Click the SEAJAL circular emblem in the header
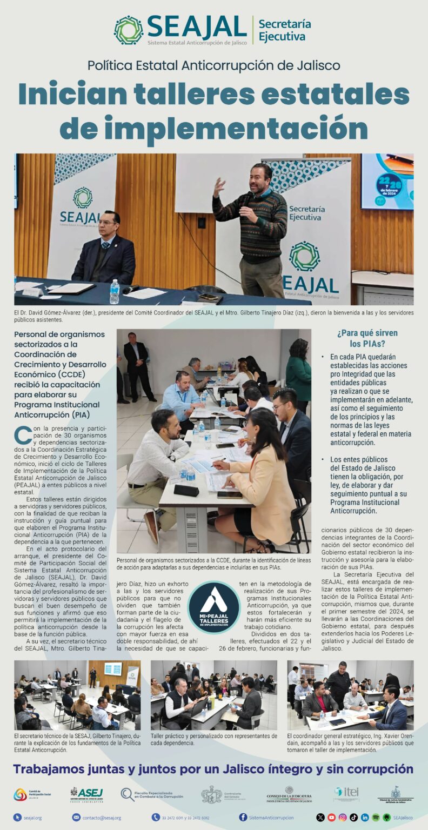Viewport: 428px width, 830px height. coord(129,30)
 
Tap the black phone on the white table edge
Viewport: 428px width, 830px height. coord(186,491)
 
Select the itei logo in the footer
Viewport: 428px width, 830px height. coord(346,793)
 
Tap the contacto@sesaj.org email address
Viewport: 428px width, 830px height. coord(102,818)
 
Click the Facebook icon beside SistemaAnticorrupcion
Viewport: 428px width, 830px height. coord(243,818)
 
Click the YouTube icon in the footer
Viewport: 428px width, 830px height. coord(331,818)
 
